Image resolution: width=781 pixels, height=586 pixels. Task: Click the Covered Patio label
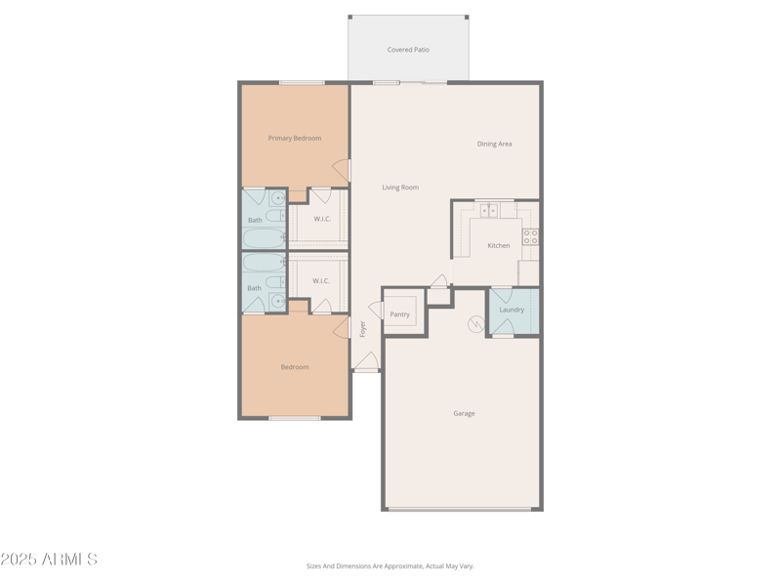408,50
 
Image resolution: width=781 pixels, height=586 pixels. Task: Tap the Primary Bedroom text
295,139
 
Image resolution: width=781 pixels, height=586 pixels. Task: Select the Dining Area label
494,144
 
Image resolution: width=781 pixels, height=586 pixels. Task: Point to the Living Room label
400,188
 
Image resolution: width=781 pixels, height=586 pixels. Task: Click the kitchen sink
488,210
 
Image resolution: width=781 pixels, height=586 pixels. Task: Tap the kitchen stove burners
530,235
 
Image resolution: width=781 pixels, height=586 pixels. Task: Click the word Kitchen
499,245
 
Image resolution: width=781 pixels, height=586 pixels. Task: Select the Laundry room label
512,310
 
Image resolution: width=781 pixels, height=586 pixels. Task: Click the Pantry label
400,314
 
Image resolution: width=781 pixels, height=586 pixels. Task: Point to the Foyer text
362,329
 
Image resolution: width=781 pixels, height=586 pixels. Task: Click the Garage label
464,413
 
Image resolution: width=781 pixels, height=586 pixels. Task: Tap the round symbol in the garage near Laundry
476,324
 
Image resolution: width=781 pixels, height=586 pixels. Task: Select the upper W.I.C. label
322,219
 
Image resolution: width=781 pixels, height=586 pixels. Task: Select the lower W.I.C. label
321,281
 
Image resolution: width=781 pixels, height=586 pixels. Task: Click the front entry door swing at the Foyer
366,362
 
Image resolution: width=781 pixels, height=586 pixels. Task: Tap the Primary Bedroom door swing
342,171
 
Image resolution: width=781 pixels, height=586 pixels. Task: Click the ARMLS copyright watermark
49,560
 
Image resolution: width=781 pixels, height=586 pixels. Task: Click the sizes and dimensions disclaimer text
390,565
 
